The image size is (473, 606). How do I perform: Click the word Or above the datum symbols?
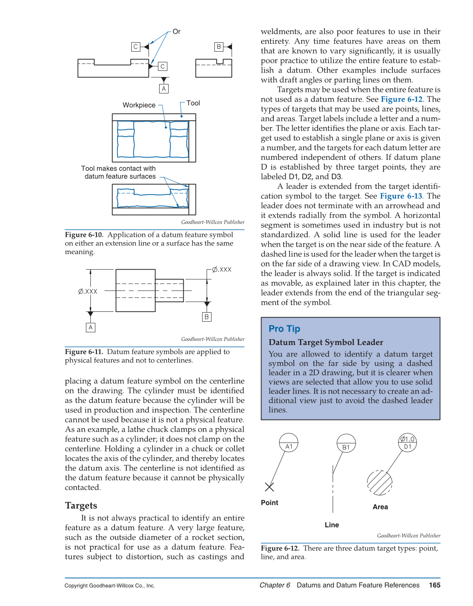click(176, 32)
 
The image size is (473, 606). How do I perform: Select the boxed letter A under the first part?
click(164, 89)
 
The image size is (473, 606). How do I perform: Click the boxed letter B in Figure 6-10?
click(219, 47)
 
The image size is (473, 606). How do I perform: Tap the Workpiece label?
click(139, 105)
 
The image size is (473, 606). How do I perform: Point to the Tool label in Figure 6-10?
click(193, 103)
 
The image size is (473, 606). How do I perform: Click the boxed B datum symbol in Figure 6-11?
click(207, 317)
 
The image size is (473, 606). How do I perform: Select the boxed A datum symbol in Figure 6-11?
click(90, 327)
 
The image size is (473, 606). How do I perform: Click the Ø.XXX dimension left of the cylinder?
click(88, 291)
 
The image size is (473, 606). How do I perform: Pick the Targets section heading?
click(81, 506)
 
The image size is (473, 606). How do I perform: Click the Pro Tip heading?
click(284, 329)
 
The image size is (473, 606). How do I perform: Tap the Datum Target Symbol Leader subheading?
click(326, 343)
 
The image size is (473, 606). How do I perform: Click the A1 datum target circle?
click(289, 443)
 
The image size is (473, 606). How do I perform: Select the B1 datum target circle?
click(346, 444)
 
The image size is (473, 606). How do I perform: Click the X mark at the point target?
click(269, 487)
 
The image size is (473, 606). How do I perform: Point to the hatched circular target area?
click(380, 483)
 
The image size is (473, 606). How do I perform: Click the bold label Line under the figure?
click(332, 525)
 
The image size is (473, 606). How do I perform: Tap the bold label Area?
click(380, 507)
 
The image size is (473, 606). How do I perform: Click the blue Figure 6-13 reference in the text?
click(401, 196)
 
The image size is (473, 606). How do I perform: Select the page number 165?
click(435, 585)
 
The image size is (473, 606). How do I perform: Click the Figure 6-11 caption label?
click(84, 352)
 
